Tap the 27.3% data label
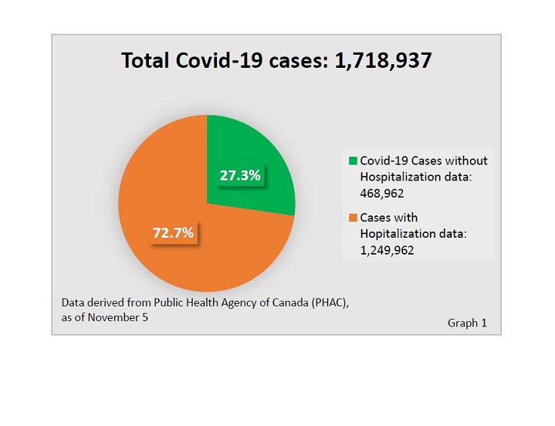point(240,176)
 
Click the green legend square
point(353,161)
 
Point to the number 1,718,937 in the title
point(383,61)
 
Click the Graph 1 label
point(467,323)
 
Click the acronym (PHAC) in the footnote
point(330,303)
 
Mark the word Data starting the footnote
point(73,303)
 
